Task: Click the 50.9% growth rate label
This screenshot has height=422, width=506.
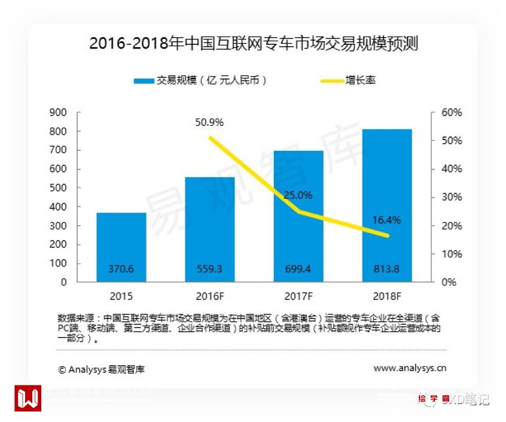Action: [x=209, y=122]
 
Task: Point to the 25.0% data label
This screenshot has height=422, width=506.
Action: [x=298, y=195]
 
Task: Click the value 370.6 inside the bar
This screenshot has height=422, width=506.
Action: [x=121, y=269]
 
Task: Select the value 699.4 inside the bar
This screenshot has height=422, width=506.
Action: [x=298, y=269]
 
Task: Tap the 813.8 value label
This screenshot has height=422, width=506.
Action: [x=386, y=269]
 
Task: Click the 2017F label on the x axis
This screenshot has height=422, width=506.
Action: [x=298, y=296]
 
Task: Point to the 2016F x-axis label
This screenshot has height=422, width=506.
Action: [x=209, y=296]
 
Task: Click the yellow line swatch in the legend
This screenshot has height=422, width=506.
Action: [x=331, y=80]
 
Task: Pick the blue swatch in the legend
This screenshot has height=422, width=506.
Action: [x=144, y=80]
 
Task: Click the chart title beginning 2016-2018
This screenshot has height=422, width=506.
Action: [x=253, y=44]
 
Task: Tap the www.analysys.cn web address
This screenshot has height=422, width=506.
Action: [x=410, y=369]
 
